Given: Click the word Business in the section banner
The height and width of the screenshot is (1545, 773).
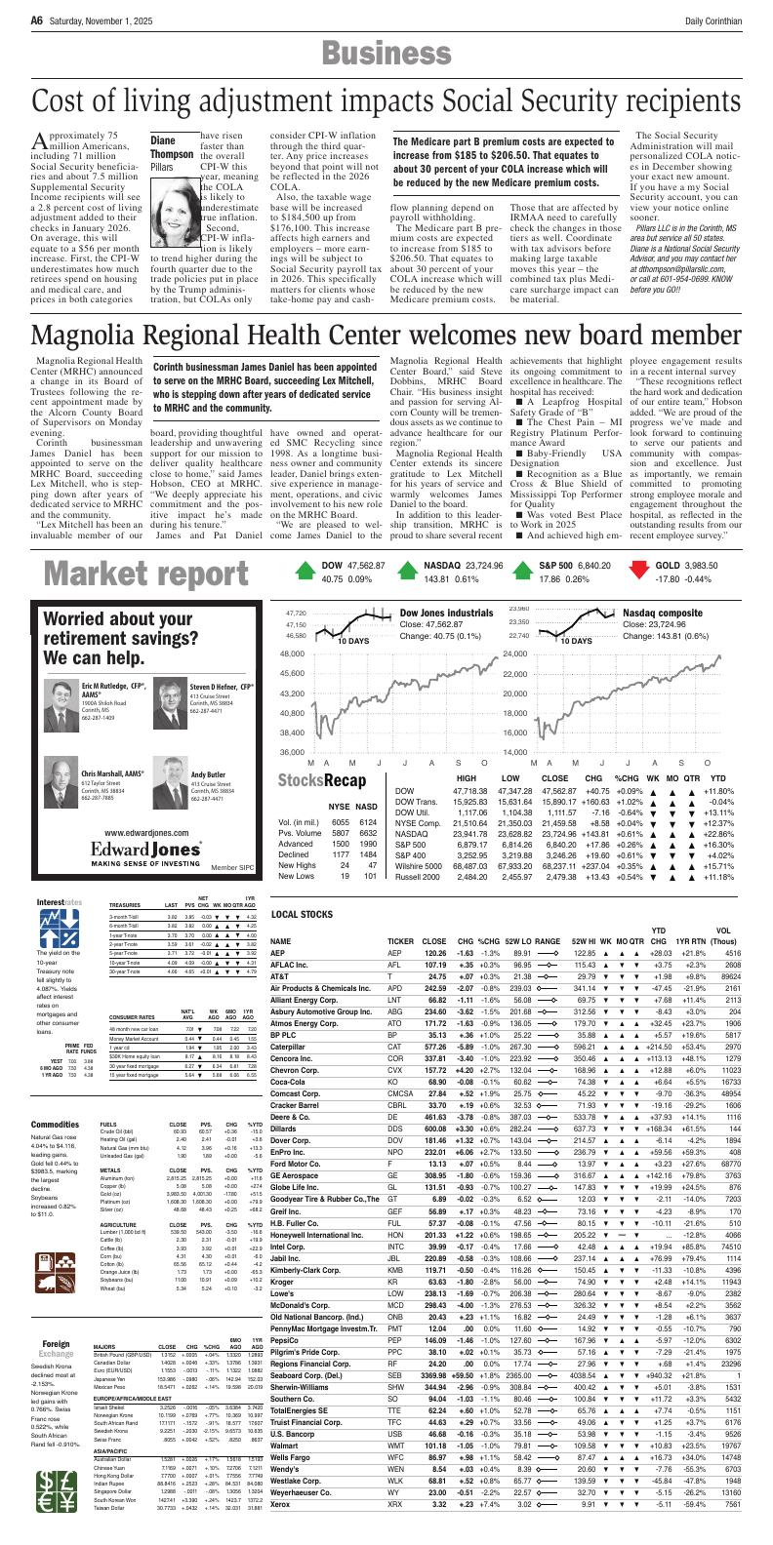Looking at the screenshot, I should pyautogui.click(x=386, y=53).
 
